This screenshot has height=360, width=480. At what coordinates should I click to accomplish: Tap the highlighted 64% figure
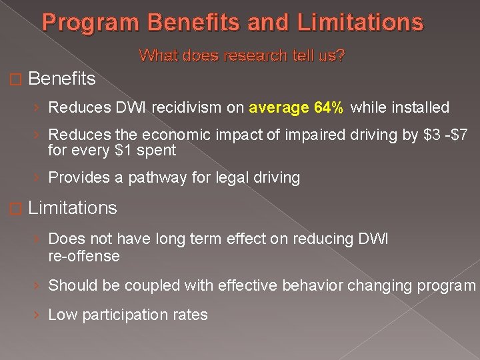(x=329, y=107)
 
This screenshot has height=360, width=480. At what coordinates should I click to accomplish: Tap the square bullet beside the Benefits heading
(x=18, y=79)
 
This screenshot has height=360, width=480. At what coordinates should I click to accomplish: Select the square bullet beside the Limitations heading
(x=18, y=209)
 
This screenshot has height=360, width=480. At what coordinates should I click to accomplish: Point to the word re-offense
(x=84, y=256)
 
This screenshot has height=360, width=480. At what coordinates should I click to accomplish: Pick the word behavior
(x=309, y=285)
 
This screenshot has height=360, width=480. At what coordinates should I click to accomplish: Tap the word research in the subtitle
(x=243, y=56)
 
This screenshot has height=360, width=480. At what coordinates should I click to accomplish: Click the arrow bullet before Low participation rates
(x=39, y=315)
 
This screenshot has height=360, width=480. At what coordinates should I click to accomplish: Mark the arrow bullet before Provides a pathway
(x=39, y=178)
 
